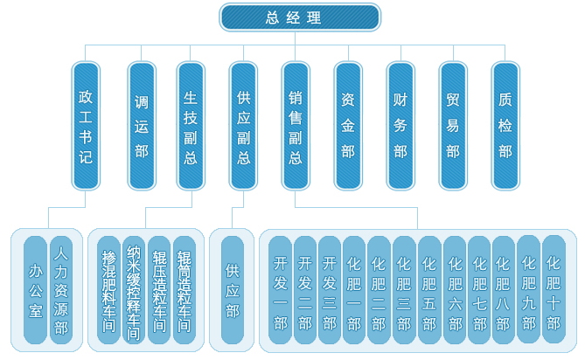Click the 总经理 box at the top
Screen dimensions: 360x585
(x=299, y=17)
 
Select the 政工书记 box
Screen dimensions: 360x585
(x=85, y=126)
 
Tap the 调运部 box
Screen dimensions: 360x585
(x=140, y=126)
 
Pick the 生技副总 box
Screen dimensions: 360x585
(x=191, y=126)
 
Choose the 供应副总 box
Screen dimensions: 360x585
(x=243, y=126)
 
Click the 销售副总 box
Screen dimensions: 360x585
(x=295, y=126)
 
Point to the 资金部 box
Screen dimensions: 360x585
(x=347, y=126)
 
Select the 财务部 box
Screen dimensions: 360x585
(x=400, y=126)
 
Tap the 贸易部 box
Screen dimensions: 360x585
(x=452, y=126)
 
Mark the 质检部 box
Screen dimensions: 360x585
(x=505, y=126)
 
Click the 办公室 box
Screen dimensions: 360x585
(x=35, y=289)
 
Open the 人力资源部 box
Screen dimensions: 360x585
(x=60, y=289)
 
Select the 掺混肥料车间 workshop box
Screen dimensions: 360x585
(x=108, y=289)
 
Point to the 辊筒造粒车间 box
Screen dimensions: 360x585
(x=184, y=289)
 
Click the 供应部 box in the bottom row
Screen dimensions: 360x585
(x=232, y=289)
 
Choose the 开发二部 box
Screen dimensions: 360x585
(x=304, y=289)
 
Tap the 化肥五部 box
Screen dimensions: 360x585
(x=429, y=289)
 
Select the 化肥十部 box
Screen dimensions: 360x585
(x=554, y=289)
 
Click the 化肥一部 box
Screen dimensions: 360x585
(x=354, y=289)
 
